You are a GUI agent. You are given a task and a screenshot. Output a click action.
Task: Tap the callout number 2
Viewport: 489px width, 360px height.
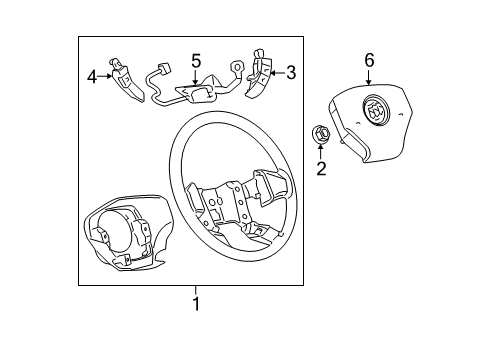[x=321, y=169]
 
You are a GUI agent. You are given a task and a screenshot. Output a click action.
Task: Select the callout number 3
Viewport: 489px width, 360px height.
[x=291, y=72]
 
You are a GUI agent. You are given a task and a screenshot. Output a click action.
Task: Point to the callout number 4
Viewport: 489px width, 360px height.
[x=92, y=74]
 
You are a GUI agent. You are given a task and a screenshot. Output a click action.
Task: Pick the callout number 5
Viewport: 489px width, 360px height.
[x=196, y=60]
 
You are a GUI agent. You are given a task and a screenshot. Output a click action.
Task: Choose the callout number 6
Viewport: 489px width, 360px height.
[x=369, y=61]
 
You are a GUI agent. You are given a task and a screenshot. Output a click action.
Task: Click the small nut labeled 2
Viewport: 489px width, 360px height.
[x=320, y=134]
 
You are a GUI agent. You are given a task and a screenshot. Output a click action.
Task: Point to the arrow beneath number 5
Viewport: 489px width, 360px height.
[x=196, y=75]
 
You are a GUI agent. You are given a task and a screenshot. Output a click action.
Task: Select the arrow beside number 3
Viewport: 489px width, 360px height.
[x=278, y=72]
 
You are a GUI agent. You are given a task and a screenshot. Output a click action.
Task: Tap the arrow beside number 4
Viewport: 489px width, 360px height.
[x=106, y=74]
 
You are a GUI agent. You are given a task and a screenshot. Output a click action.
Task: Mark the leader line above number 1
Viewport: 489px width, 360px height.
[x=197, y=290]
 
